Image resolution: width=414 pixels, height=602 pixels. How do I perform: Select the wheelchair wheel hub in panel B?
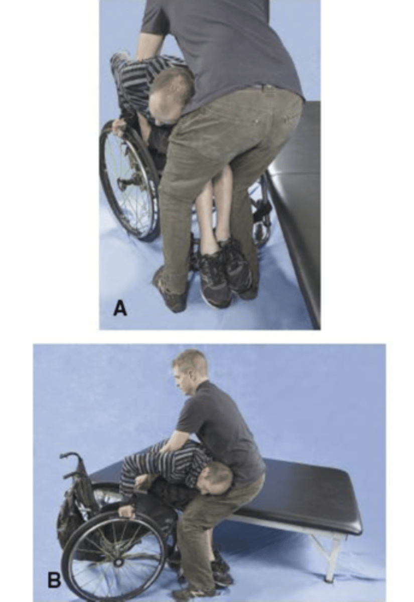pyautogui.click(x=118, y=546)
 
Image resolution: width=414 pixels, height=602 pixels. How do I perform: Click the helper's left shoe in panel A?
pyautogui.click(x=170, y=290)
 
